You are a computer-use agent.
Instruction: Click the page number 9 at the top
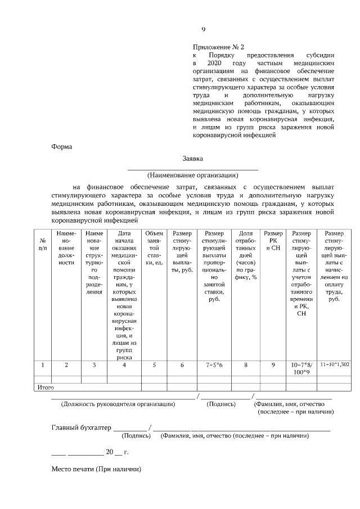click(x=204, y=30)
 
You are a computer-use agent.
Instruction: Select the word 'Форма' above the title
click(x=62, y=147)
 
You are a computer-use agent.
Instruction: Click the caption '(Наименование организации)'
click(x=193, y=174)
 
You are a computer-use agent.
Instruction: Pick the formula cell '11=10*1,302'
click(x=334, y=365)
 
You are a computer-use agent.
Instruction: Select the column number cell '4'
click(x=124, y=365)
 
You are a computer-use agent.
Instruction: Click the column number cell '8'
click(x=246, y=365)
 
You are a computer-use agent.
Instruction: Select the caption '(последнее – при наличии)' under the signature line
click(x=295, y=412)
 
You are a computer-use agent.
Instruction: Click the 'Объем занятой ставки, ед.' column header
click(x=154, y=247)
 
